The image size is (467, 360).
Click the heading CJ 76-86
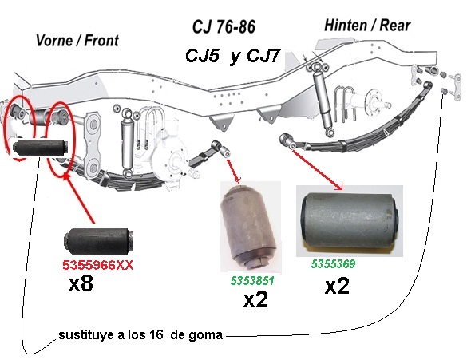224,27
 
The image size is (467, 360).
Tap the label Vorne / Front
77,41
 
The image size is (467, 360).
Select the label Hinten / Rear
367,25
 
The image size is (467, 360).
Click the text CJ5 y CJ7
232,56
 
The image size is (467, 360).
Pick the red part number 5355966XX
97,265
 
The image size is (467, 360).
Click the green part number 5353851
252,280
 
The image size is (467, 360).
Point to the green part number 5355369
333,263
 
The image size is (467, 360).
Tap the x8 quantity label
81,283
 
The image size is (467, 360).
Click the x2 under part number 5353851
255,299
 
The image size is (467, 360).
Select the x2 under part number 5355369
337,286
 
